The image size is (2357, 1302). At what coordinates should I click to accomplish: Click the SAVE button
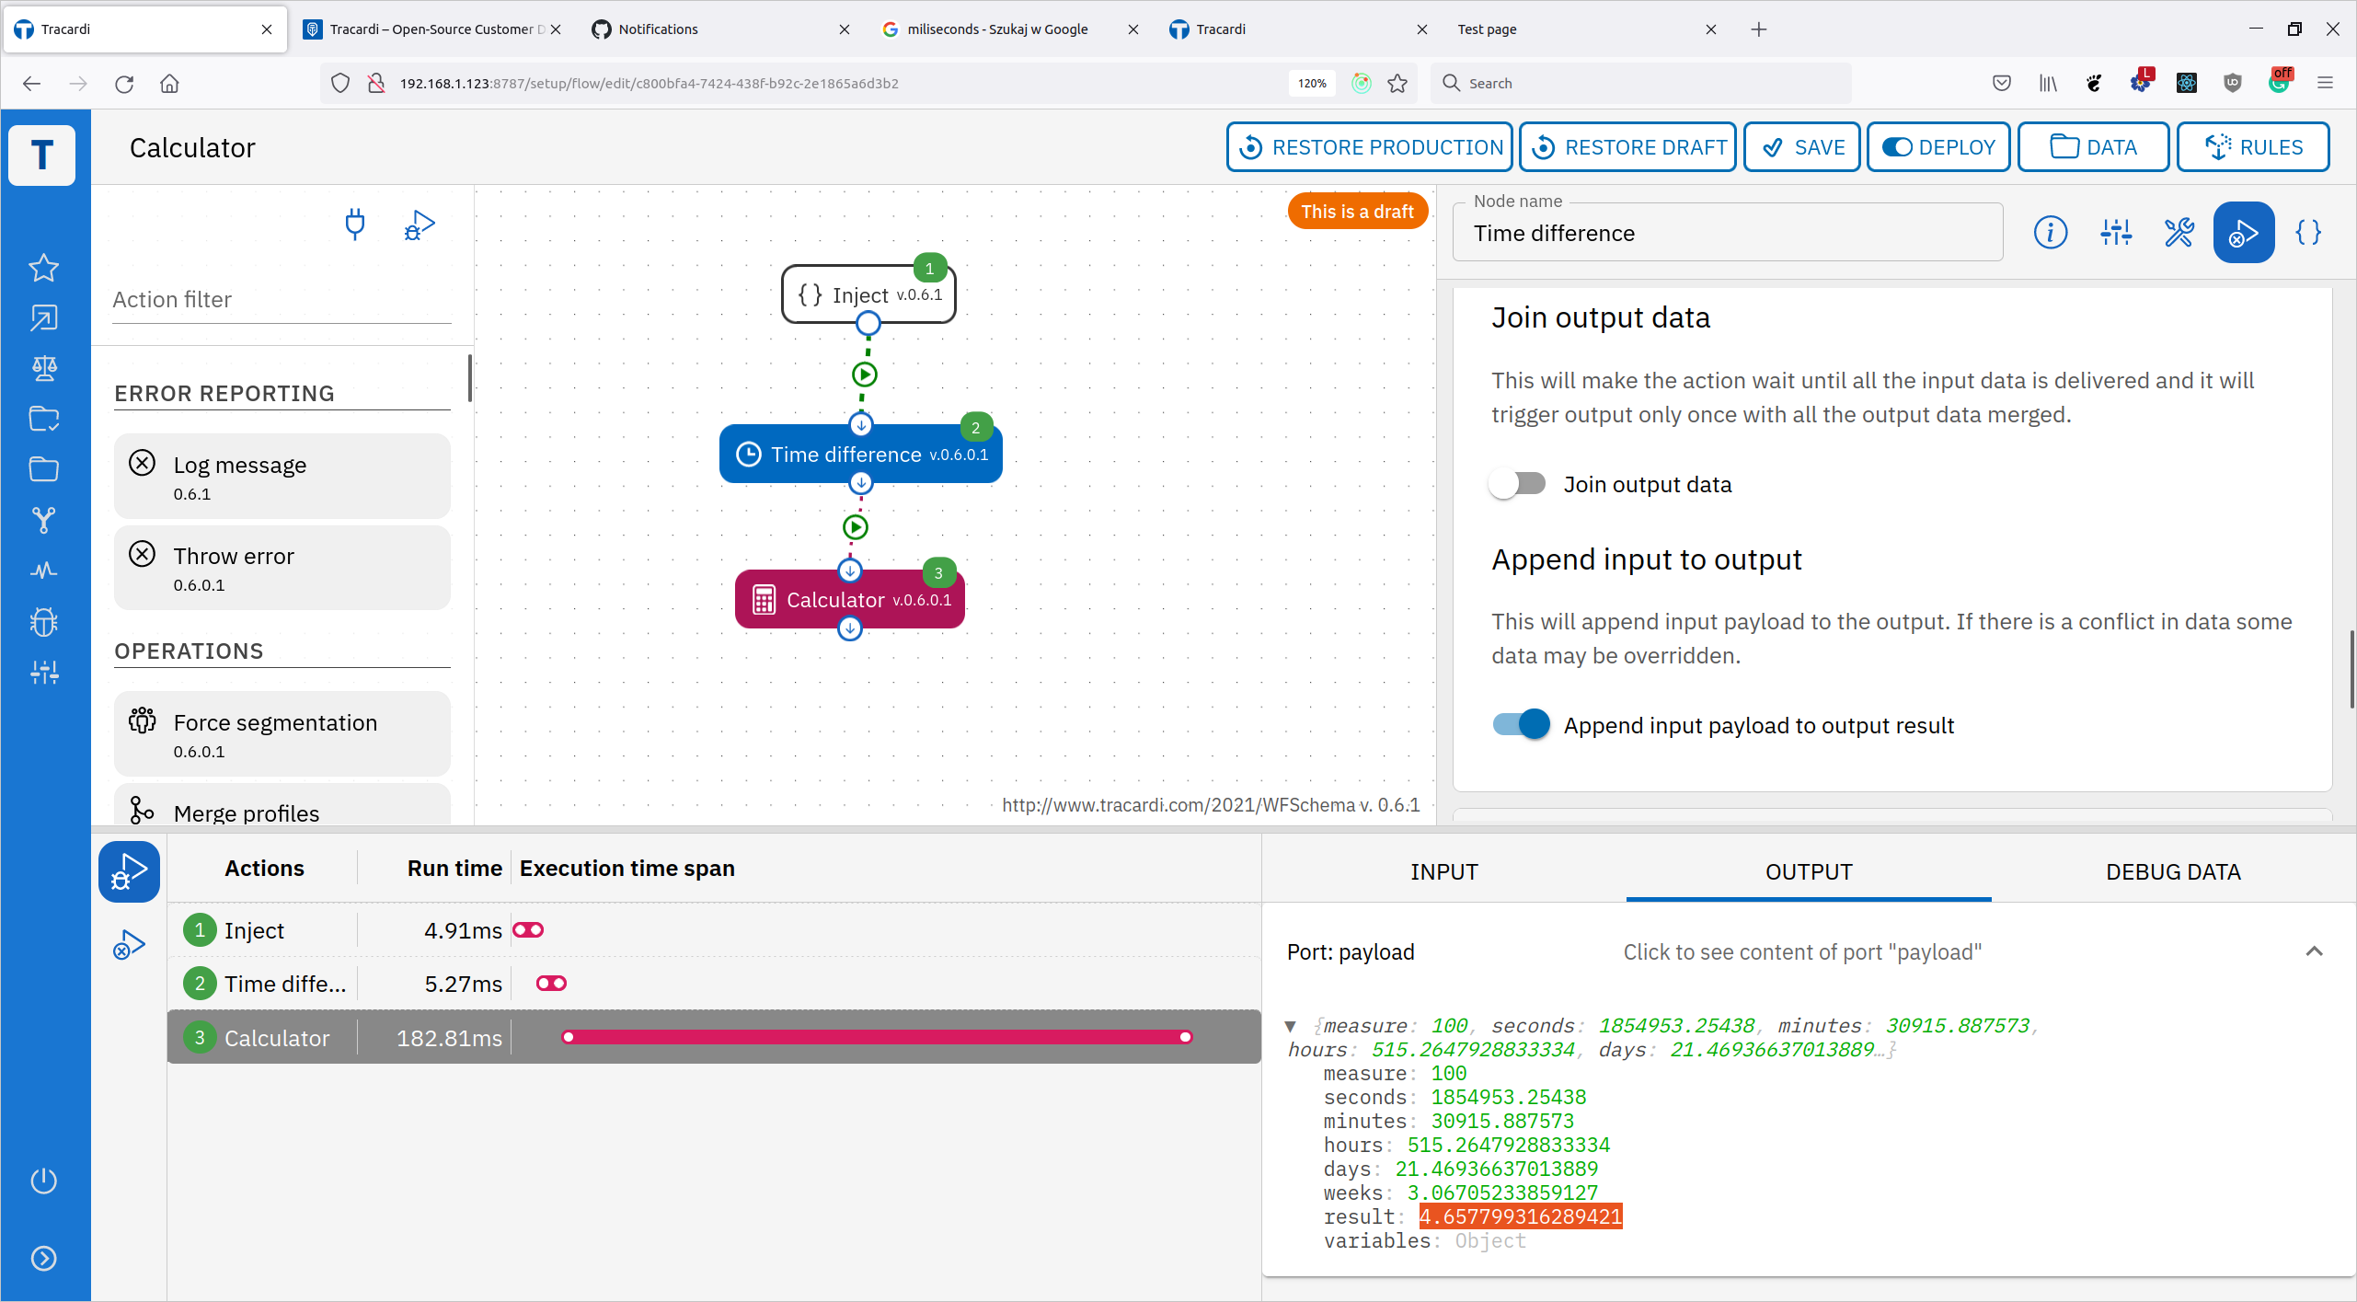click(x=1801, y=147)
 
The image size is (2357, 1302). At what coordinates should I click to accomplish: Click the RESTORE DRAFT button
click(x=1627, y=147)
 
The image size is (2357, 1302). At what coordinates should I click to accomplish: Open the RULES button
click(x=2252, y=147)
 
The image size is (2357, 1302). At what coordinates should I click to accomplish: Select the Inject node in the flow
click(x=868, y=295)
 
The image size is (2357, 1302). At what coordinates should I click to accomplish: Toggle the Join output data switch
click(x=1518, y=484)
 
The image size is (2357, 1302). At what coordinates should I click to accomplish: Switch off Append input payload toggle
click(x=1522, y=725)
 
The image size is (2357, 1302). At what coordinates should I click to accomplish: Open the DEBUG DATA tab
click(x=2172, y=871)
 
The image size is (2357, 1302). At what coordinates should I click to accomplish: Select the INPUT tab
click(x=1443, y=871)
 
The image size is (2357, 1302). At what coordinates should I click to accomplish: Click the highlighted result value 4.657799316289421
click(x=1520, y=1216)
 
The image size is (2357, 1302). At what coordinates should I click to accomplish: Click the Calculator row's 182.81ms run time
click(x=449, y=1038)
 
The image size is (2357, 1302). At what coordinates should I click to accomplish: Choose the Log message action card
click(x=282, y=476)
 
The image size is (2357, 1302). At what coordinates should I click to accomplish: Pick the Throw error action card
click(x=282, y=568)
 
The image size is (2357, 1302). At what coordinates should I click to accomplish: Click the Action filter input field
click(x=281, y=300)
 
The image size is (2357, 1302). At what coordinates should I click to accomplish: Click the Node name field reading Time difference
click(x=1727, y=234)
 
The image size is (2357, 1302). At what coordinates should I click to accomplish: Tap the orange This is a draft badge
click(x=1357, y=212)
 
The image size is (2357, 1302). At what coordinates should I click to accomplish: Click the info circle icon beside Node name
click(x=2050, y=233)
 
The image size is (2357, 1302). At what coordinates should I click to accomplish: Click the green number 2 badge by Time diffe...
click(x=200, y=984)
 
